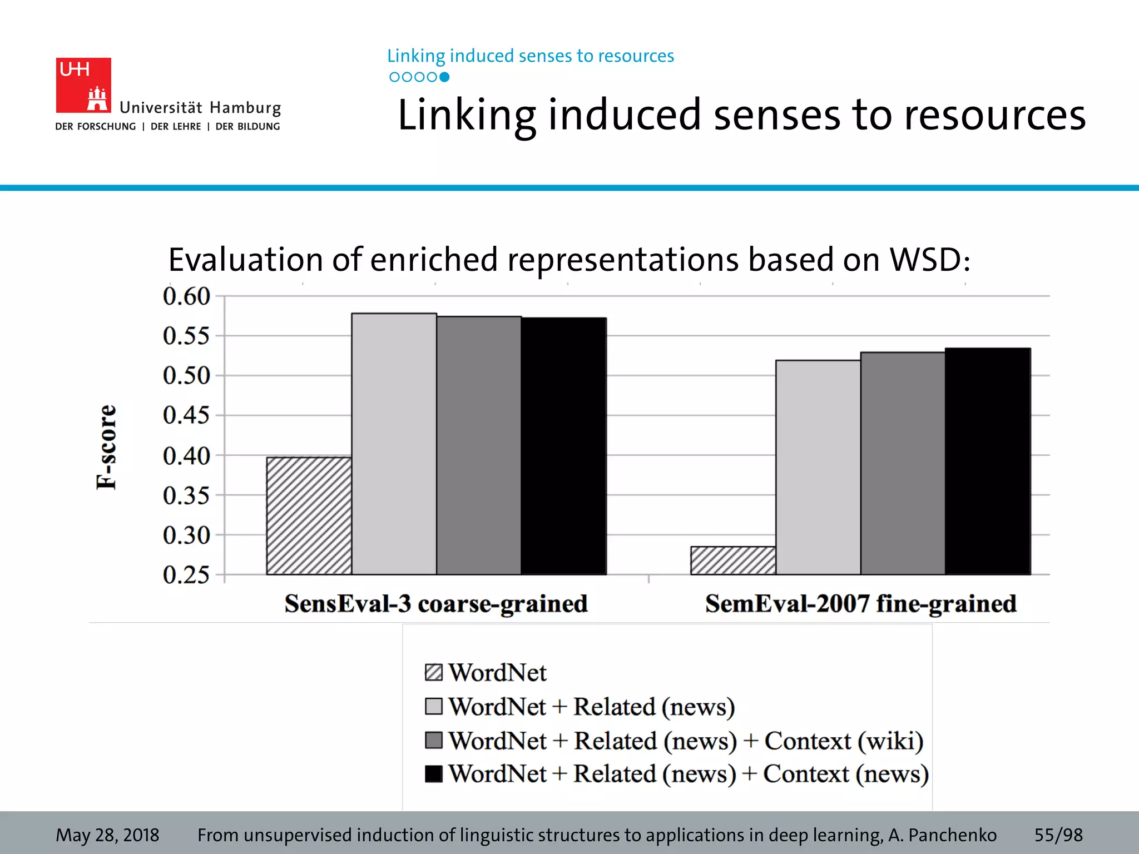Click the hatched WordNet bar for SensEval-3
click(309, 515)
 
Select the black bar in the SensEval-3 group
click(563, 446)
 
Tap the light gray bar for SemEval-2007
click(818, 467)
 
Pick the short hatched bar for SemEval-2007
click(732, 560)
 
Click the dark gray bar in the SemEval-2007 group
click(902, 463)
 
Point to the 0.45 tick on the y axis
click(186, 415)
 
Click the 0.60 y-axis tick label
click(186, 296)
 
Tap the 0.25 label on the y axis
click(186, 575)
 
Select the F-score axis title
click(106, 447)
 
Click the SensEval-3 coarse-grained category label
click(435, 604)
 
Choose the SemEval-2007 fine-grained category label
click(860, 604)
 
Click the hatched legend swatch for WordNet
click(433, 672)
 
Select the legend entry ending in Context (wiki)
click(685, 741)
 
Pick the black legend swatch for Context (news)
click(433, 774)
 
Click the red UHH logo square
click(83, 85)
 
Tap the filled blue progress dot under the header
click(444, 77)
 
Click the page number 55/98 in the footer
click(1058, 835)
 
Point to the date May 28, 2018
click(107, 835)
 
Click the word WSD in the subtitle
click(929, 260)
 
